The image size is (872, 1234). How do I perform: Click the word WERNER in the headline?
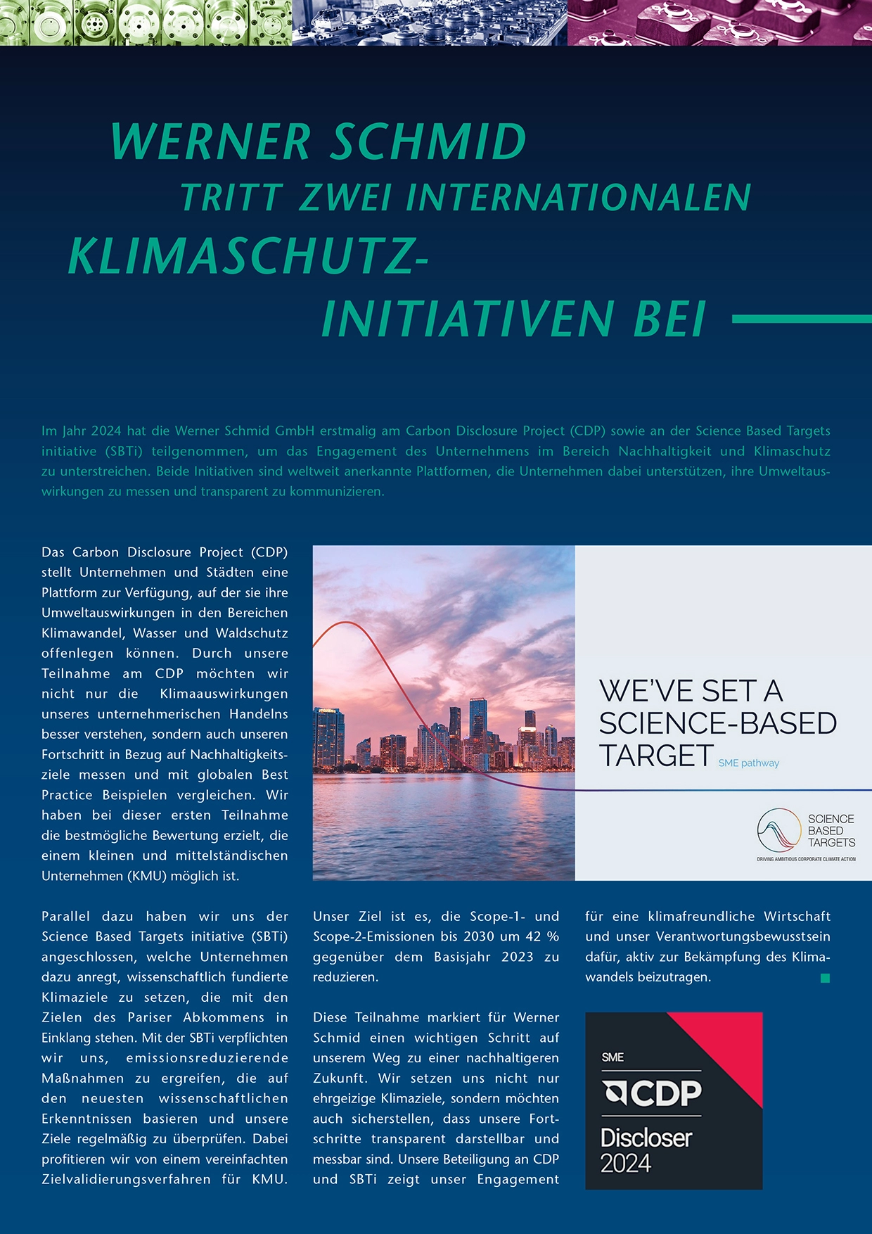tap(210, 142)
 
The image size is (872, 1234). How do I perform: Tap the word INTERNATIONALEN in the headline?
tap(579, 198)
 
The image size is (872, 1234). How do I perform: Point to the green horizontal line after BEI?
tap(802, 319)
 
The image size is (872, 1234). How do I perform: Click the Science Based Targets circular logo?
tap(778, 830)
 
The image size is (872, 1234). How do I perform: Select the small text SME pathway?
tap(748, 763)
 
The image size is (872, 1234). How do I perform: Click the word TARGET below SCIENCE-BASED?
tap(655, 756)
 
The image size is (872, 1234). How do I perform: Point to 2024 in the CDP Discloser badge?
tap(626, 1163)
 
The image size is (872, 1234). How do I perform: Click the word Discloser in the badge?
tap(646, 1138)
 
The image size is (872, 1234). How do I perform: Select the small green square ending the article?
tap(826, 978)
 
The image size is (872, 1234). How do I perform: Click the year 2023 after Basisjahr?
tap(518, 957)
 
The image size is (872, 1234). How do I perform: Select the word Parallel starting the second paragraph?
tap(65, 917)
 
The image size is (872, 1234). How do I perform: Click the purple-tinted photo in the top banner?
tap(719, 23)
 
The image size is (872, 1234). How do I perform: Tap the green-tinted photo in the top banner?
tap(146, 23)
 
